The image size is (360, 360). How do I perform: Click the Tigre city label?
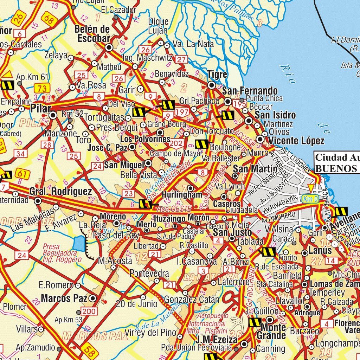point(217,75)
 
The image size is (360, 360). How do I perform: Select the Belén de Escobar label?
point(92,34)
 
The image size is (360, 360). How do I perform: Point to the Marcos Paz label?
point(64,298)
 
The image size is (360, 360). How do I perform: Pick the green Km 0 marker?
point(308,198)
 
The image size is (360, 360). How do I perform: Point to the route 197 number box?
point(182,112)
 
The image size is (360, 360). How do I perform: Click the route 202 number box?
point(176,143)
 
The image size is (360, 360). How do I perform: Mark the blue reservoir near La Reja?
point(79,243)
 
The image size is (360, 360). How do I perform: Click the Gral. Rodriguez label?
point(60,192)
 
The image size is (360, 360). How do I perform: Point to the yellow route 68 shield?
point(49,20)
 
